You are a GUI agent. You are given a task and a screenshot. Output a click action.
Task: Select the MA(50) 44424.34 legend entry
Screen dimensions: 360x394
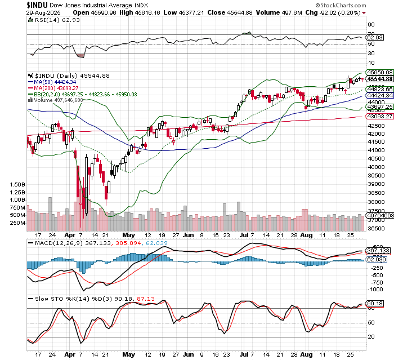(52, 82)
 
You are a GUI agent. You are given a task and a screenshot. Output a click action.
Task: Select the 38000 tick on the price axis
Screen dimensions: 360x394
(375, 202)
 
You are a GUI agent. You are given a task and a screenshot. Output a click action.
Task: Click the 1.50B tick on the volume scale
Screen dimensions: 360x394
(18, 184)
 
